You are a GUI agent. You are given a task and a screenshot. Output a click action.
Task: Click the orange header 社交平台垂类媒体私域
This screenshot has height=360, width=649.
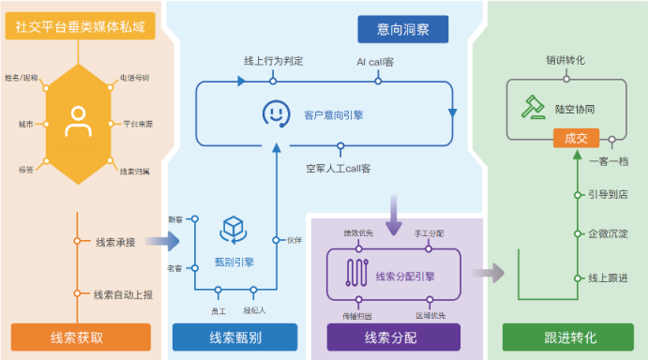(x=81, y=27)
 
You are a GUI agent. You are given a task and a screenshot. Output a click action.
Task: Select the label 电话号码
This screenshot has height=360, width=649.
(x=134, y=78)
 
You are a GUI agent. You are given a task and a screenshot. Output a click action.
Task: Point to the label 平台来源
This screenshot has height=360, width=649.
(x=138, y=123)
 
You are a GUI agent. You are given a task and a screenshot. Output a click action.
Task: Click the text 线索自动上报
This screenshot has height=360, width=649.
(x=122, y=293)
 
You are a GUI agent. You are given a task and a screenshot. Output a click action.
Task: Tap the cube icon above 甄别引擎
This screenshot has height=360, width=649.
(x=231, y=228)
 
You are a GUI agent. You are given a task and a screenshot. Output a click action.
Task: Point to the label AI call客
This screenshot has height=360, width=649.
(x=376, y=62)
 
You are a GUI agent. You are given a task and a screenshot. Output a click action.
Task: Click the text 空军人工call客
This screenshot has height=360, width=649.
(x=339, y=169)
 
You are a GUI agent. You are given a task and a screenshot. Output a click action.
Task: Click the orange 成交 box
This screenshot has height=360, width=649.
(x=575, y=139)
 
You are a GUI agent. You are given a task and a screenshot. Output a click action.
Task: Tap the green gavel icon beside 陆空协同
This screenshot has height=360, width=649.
(x=534, y=108)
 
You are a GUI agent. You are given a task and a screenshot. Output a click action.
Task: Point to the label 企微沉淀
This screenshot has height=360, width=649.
(x=608, y=232)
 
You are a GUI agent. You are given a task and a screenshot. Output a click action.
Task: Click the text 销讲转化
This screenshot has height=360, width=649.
(x=566, y=61)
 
